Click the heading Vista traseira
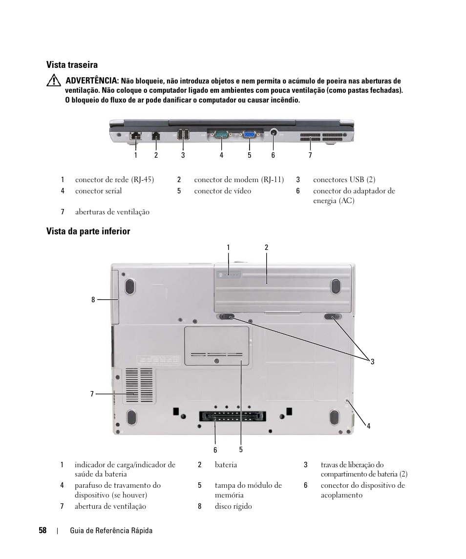pyautogui.click(x=72, y=65)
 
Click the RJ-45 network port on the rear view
pyautogui.click(x=135, y=135)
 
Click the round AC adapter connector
pyautogui.click(x=273, y=132)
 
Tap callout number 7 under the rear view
pyautogui.click(x=310, y=155)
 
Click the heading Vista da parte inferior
pyautogui.click(x=88, y=231)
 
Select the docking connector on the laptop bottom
pyautogui.click(x=231, y=418)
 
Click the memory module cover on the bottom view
pyautogui.click(x=216, y=346)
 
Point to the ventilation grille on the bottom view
pyautogui.click(x=139, y=386)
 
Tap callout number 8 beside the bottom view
pyautogui.click(x=93, y=300)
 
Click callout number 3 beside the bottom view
pyautogui.click(x=372, y=362)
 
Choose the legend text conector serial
pyautogui.click(x=98, y=191)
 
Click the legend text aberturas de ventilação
pyautogui.click(x=112, y=212)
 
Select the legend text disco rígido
pyautogui.click(x=233, y=506)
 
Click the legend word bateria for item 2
pyautogui.click(x=226, y=465)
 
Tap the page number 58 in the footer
pyautogui.click(x=42, y=531)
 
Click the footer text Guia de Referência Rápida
pyautogui.click(x=111, y=531)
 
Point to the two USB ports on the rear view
pyautogui.click(x=184, y=135)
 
